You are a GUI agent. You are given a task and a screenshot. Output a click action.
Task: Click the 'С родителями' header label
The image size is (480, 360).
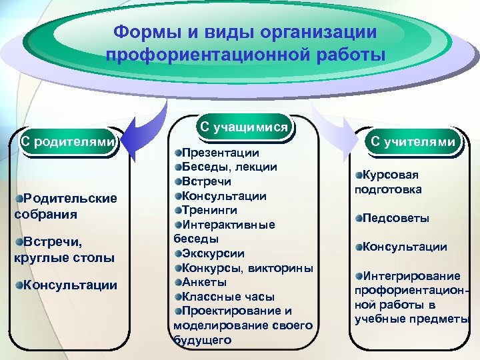(x=67, y=141)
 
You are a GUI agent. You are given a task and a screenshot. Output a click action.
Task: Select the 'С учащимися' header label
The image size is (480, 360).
(x=244, y=127)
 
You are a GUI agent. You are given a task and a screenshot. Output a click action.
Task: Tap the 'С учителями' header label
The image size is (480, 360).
(x=413, y=141)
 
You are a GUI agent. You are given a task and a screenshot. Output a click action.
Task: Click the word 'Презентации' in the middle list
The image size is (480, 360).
(x=217, y=153)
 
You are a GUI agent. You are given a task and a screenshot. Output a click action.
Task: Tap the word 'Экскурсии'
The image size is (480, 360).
(x=213, y=253)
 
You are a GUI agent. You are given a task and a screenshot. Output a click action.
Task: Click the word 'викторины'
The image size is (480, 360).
(x=280, y=268)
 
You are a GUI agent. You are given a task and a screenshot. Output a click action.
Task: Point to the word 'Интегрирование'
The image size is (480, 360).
(x=411, y=276)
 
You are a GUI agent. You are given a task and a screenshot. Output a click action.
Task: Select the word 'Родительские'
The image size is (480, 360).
(x=70, y=198)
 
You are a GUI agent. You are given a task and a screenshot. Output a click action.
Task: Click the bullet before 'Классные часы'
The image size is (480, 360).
(x=178, y=297)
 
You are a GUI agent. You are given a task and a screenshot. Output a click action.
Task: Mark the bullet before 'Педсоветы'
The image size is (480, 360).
(x=359, y=218)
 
